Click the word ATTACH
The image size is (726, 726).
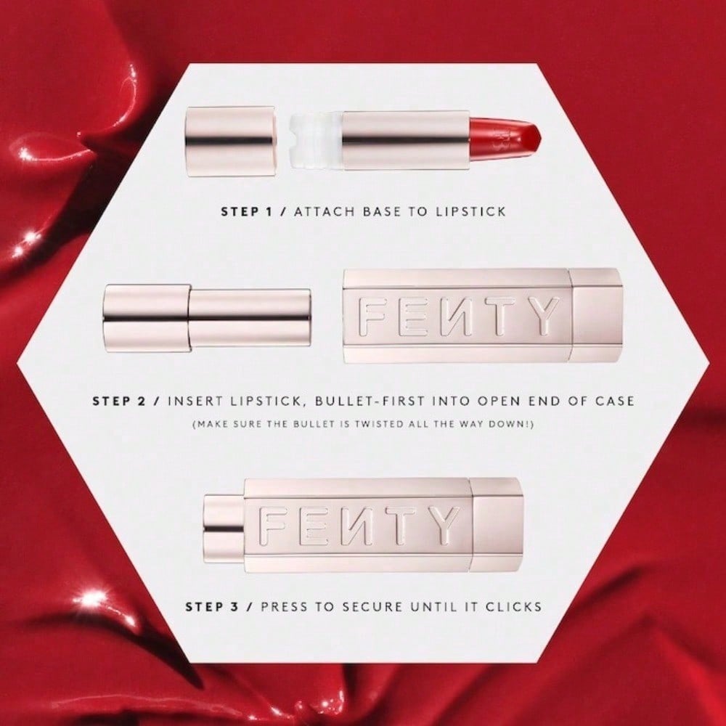pos(322,213)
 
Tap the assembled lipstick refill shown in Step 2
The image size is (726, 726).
pos(208,317)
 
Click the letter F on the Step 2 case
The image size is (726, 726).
pos(378,317)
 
